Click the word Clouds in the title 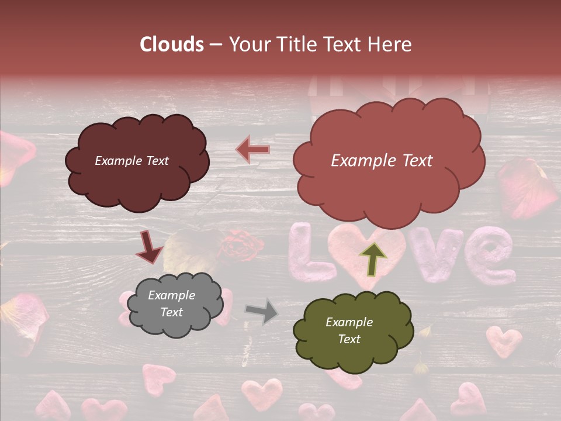pos(172,44)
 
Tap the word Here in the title pos(390,44)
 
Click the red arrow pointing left pos(253,150)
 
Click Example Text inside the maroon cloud pos(131,161)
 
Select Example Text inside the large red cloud pos(382,161)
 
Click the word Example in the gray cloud pos(171,296)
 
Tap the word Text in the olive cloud pos(349,339)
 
